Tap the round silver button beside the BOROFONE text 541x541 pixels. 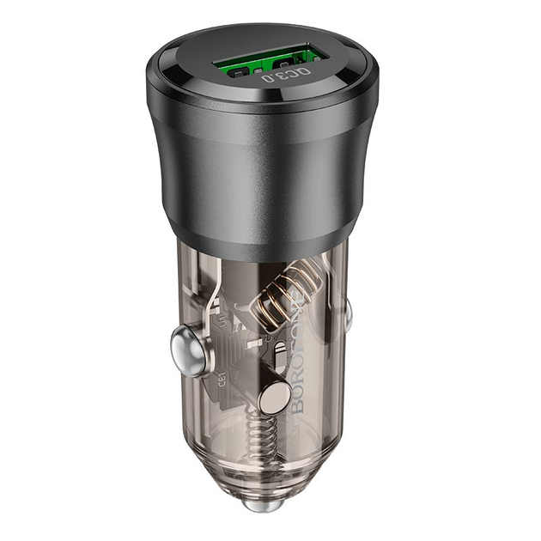click(273, 398)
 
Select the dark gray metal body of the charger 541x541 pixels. click(258, 172)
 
